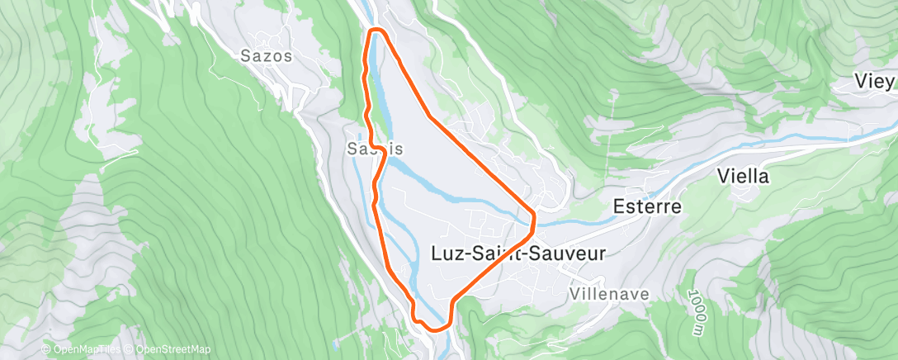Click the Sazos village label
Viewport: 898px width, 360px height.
(x=267, y=56)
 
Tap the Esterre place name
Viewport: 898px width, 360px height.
(x=648, y=206)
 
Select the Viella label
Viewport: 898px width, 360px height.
(x=743, y=176)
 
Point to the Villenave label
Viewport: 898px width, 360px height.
(x=610, y=294)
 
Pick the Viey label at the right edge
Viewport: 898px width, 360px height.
(x=876, y=82)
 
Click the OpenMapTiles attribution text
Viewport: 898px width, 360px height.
(x=82, y=350)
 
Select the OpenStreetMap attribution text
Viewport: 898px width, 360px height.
(x=164, y=350)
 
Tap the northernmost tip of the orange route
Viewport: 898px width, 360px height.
(x=377, y=31)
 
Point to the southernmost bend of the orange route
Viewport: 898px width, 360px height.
(x=436, y=328)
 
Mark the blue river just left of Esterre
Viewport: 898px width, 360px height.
(x=578, y=221)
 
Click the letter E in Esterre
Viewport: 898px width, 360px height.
(x=619, y=206)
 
